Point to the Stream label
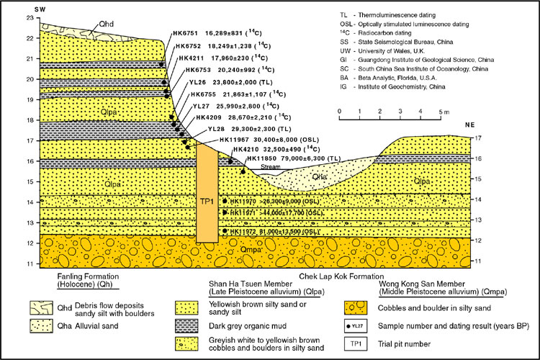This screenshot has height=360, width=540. pos(270,166)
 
